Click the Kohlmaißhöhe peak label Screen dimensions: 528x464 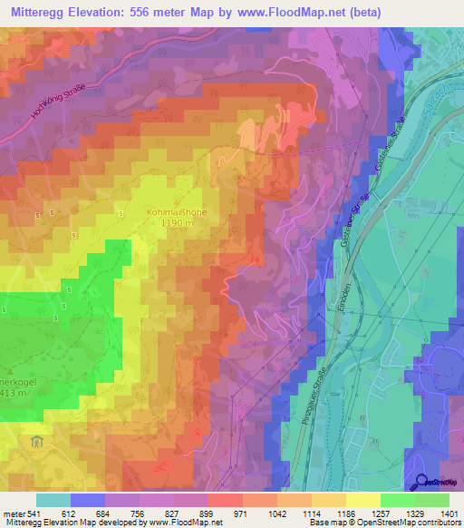coord(177,212)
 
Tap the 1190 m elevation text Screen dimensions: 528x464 coord(178,224)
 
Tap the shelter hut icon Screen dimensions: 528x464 coord(35,442)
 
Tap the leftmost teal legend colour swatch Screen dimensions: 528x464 coord(53,500)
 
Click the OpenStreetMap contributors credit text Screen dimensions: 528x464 coord(409,523)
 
